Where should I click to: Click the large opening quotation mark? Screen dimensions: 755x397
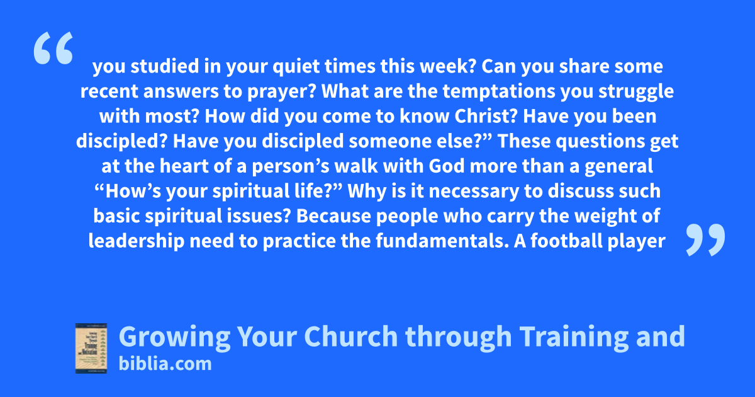pyautogui.click(x=53, y=48)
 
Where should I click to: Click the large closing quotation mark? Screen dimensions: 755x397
pyautogui.click(x=705, y=239)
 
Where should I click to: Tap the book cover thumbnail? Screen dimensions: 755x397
pyautogui.click(x=91, y=348)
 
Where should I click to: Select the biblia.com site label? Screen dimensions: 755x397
pyautogui.click(x=165, y=364)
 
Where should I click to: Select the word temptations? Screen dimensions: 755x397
pyautogui.click(x=499, y=92)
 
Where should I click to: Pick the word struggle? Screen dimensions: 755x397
pyautogui.click(x=636, y=92)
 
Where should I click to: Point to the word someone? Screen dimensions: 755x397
pyautogui.click(x=390, y=141)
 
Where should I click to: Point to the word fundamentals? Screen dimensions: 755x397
pyautogui.click(x=442, y=241)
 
